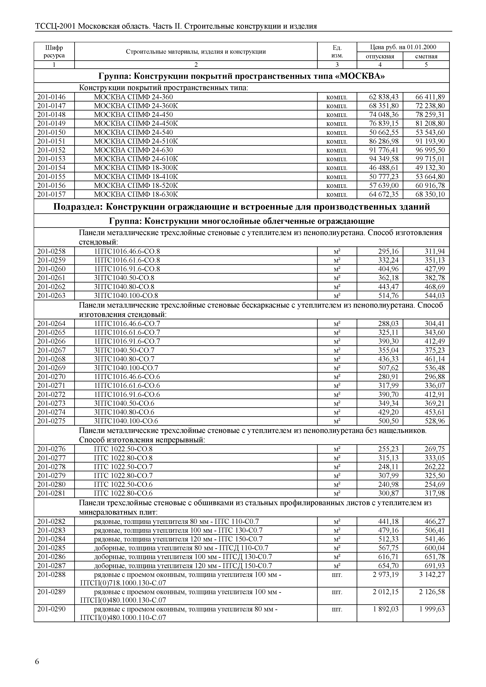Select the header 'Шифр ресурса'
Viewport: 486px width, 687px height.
[x=54, y=52]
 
